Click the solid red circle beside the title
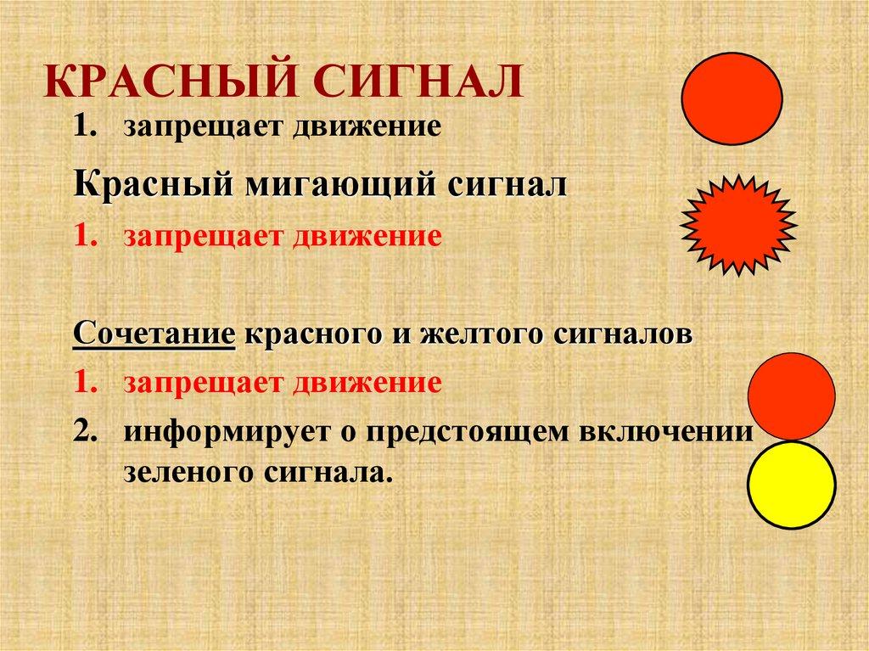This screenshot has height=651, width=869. [732, 98]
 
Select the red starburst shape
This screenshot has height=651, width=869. [738, 225]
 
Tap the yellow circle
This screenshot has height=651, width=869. [791, 485]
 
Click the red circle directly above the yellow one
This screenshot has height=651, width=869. [791, 396]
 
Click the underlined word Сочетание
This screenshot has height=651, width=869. [154, 333]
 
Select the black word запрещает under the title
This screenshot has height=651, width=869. [205, 128]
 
